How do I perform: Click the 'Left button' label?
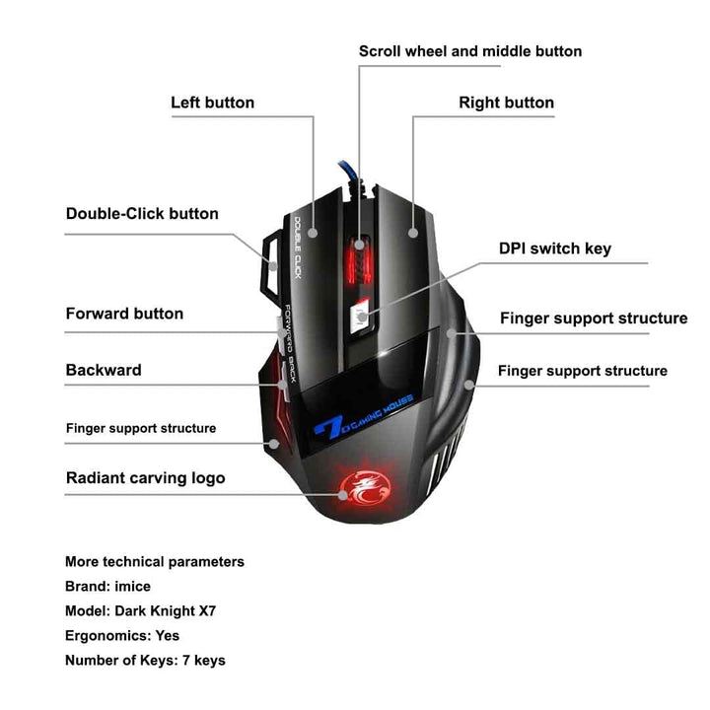pos(212,103)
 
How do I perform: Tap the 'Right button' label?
pos(506,103)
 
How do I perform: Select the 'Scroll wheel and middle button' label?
pos(470,51)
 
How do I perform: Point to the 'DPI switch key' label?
pos(554,248)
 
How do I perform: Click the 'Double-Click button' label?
pos(142,213)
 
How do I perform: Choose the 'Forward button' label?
pos(124,314)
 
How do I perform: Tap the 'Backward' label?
pos(104,370)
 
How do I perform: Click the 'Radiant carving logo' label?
pos(145,478)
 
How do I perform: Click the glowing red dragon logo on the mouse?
pos(365,488)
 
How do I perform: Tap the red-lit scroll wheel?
pos(360,261)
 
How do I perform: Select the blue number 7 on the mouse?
pos(329,427)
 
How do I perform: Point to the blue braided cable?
pos(350,174)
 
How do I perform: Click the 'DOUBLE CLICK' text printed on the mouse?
pos(298,248)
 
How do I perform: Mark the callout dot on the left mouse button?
pos(313,233)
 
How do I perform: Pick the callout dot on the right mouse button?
pos(413,233)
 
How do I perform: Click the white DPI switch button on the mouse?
pos(361,316)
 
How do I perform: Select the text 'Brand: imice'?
pos(107,587)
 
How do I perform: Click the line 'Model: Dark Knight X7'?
pos(140,610)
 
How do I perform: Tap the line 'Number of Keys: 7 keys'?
pos(145,660)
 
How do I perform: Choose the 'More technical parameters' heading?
pos(155,562)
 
